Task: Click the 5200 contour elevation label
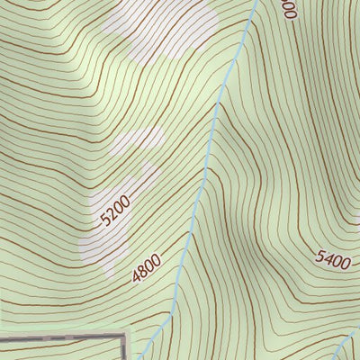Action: point(116,211)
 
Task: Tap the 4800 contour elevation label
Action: point(146,268)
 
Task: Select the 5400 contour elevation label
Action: point(332,259)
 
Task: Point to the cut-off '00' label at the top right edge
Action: point(288,9)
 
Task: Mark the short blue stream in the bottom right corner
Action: point(347,346)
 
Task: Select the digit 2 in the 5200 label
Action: point(112,214)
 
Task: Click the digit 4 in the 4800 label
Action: point(136,278)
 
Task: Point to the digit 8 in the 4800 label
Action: point(142,272)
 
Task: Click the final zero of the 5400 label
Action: point(345,262)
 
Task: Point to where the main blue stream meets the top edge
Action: point(255,2)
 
